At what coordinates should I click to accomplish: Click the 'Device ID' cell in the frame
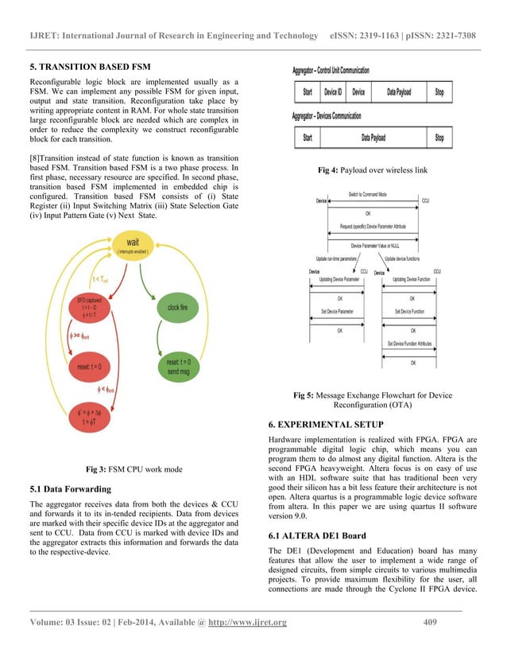(x=334, y=92)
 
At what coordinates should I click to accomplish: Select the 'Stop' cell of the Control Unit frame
(x=439, y=92)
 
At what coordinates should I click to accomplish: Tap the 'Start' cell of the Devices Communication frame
(x=307, y=138)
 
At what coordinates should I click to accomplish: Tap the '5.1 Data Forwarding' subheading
(x=70, y=488)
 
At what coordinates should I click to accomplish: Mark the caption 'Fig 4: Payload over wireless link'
(x=372, y=170)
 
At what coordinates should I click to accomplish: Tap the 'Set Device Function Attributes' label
(x=412, y=344)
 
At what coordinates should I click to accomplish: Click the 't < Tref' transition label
(x=100, y=278)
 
